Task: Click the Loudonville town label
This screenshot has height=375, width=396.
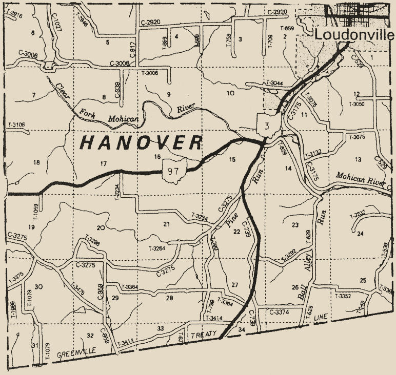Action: (354, 35)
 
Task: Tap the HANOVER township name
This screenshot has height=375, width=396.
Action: (142, 143)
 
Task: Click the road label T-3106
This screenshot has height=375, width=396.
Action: (17, 124)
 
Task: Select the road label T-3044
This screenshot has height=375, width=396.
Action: (274, 83)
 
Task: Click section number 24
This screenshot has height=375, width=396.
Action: (360, 234)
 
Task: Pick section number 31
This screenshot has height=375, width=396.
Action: (34, 346)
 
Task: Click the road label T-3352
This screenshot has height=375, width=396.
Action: (343, 296)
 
